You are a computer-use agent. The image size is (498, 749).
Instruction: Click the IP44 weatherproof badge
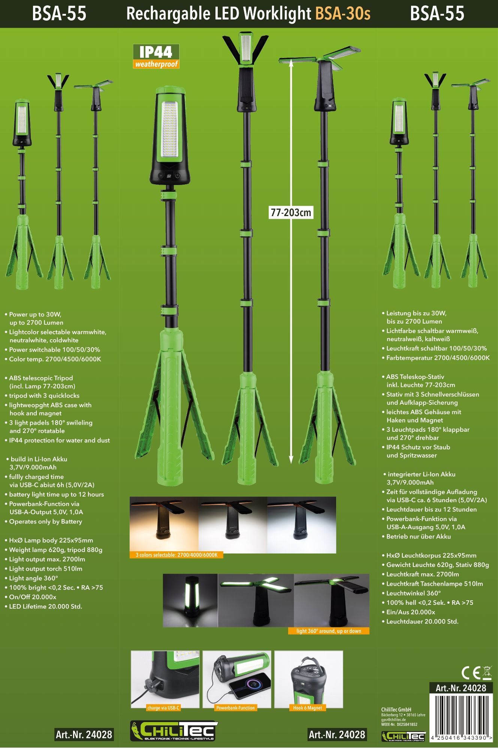click(x=156, y=56)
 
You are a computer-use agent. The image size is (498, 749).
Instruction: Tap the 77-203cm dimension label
click(x=291, y=212)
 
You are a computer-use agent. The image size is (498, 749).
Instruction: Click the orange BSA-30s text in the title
click(x=342, y=14)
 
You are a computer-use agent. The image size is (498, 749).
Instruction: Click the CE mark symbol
click(x=470, y=673)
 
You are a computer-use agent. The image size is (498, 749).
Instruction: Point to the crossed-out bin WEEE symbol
click(x=487, y=673)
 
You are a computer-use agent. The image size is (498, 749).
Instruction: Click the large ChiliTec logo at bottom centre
click(x=174, y=731)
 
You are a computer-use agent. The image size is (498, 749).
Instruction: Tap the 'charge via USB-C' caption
click(x=163, y=707)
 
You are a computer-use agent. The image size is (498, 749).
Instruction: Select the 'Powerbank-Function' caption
click(x=235, y=707)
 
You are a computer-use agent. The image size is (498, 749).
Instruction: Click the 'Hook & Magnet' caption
click(x=308, y=707)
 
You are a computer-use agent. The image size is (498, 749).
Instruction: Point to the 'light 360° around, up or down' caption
click(x=329, y=631)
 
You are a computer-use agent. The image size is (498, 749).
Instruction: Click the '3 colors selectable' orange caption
click(x=176, y=555)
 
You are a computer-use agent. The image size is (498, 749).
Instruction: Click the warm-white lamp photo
click(x=164, y=524)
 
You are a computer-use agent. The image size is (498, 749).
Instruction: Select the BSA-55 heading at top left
click(x=59, y=14)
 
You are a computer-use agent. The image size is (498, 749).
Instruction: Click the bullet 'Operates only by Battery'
click(x=43, y=521)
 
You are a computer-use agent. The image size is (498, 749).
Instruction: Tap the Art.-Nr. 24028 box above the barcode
click(x=461, y=688)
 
